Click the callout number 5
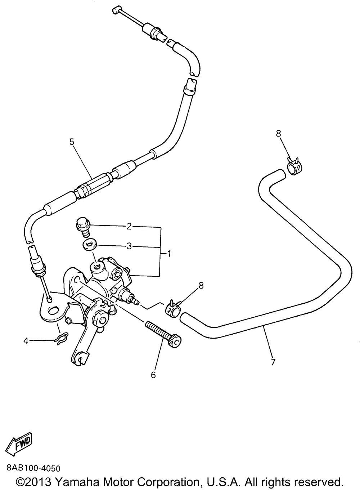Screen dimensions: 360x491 click(72, 142)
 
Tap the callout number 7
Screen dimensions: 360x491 click(273, 362)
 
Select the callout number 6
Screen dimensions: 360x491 click(153, 375)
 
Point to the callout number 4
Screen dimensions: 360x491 click(26, 341)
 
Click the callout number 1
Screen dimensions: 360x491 click(169, 254)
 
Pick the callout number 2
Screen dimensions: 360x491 click(129, 227)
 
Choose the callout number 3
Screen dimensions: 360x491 click(129, 246)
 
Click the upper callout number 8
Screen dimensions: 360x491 click(279, 134)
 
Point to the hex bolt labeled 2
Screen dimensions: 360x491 click(84, 227)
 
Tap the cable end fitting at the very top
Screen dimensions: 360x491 click(117, 10)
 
